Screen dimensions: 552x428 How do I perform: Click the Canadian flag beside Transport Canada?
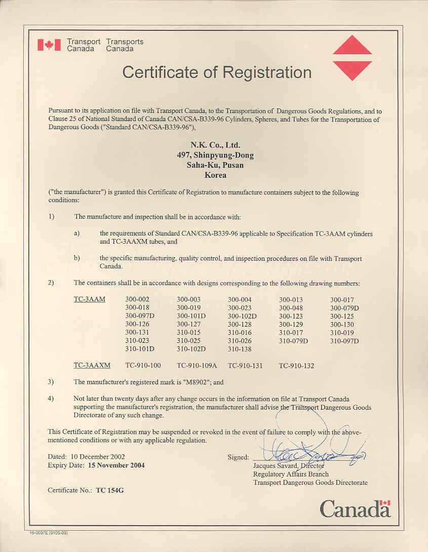[x=49, y=45]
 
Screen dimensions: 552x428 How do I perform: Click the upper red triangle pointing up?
[x=352, y=47]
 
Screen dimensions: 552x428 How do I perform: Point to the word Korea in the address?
[x=215, y=175]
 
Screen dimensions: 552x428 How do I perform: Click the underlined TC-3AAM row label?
[x=89, y=299]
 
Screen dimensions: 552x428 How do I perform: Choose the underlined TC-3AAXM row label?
[x=92, y=365]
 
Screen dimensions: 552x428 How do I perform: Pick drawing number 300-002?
[x=137, y=299]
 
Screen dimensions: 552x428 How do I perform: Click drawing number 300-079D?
[x=344, y=308]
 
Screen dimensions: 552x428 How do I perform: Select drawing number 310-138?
[x=240, y=349]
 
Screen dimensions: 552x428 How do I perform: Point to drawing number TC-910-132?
[x=296, y=365]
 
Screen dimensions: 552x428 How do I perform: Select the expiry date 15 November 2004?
[x=116, y=465]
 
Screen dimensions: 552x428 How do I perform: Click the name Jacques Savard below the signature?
[x=275, y=465]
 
